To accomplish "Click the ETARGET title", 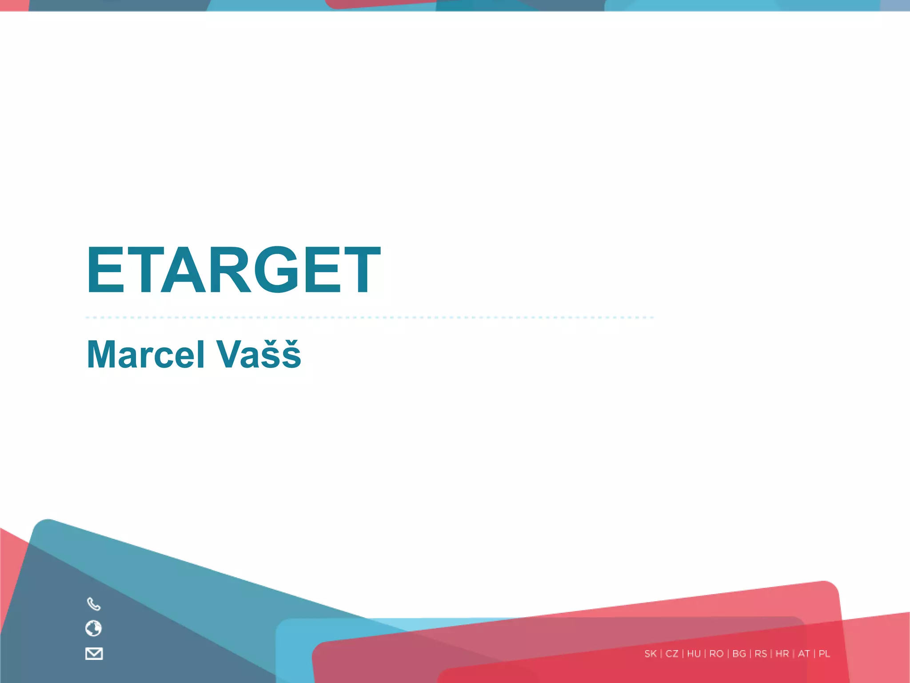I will tap(233, 270).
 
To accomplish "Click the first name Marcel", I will tap(146, 354).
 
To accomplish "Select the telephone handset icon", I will tap(94, 604).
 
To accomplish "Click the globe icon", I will tap(93, 628).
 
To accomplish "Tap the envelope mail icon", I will tap(94, 654).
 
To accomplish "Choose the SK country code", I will tap(651, 654).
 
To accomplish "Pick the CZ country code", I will tap(672, 654).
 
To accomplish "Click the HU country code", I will tap(694, 654).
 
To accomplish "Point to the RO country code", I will tap(716, 654).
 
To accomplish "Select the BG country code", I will tap(739, 654).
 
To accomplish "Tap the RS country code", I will tap(761, 654).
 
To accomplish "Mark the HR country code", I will tap(782, 654).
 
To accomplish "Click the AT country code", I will tap(804, 654).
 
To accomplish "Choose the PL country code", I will tap(824, 654).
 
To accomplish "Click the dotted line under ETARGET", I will tap(369, 317).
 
